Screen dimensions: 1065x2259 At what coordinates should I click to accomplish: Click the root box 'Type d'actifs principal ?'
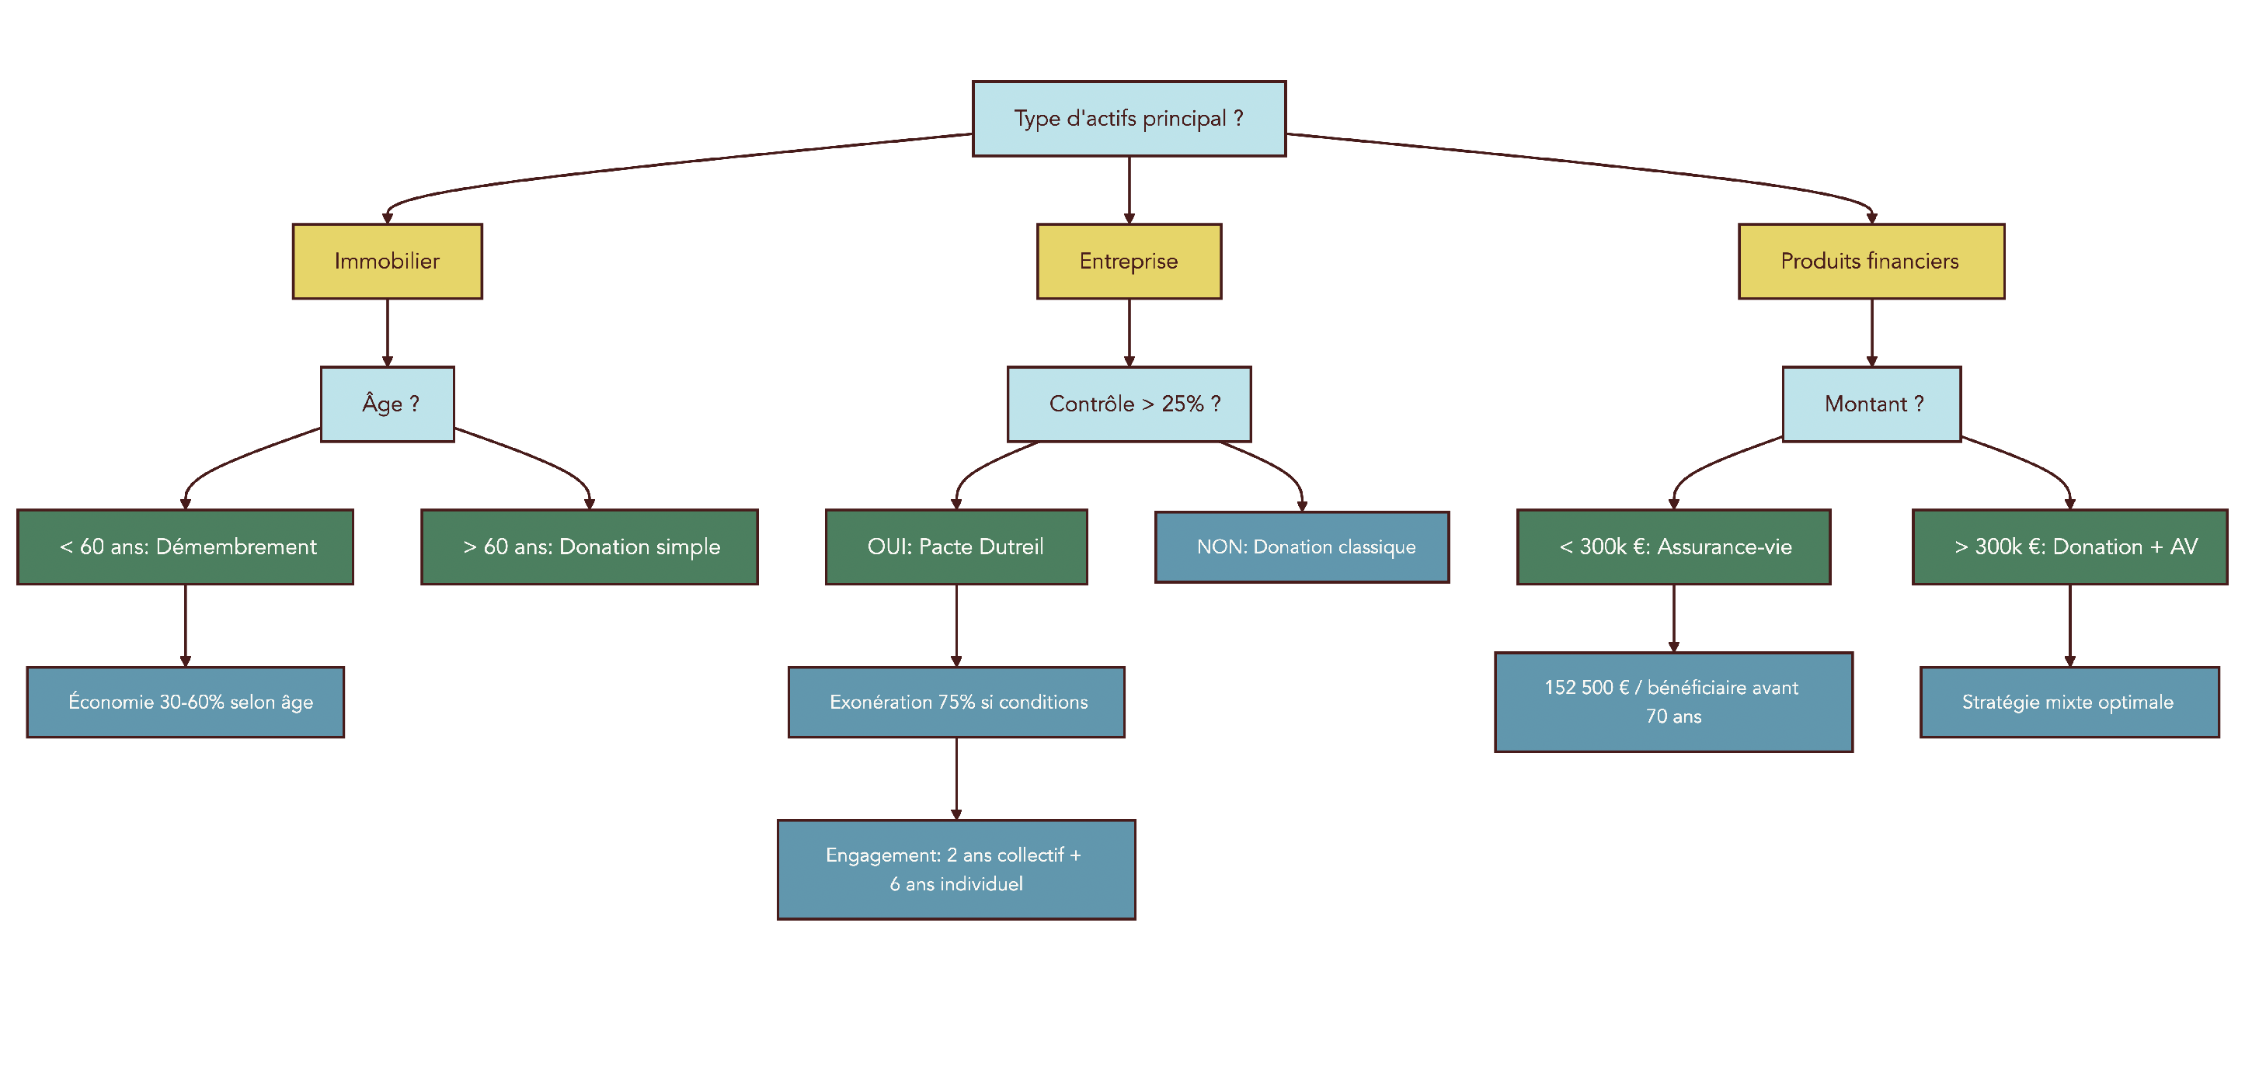point(1129,118)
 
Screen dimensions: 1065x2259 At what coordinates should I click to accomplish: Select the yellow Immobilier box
point(387,262)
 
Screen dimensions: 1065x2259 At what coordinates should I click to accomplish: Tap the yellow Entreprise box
point(1129,262)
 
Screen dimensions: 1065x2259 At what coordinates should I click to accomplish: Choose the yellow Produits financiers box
point(1871,262)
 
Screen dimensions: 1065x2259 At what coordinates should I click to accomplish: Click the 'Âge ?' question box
point(387,404)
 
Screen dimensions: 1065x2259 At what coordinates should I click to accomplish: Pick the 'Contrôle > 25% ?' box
point(1129,404)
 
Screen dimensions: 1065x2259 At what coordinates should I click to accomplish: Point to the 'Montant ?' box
point(1871,404)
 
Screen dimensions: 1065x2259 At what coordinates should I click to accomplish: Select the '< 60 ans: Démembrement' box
point(185,547)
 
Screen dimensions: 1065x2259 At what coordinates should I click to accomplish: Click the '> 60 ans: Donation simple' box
point(590,547)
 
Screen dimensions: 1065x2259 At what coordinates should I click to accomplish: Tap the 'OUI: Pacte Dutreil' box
point(955,547)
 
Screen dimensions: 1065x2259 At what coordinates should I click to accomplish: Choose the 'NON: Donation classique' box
point(1301,547)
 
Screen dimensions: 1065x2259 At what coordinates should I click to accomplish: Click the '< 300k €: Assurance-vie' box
point(1673,547)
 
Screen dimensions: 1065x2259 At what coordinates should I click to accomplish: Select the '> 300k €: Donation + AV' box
point(2069,547)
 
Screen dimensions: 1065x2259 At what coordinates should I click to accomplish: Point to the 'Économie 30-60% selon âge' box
point(185,702)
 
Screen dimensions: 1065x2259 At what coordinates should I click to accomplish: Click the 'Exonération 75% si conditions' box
point(955,702)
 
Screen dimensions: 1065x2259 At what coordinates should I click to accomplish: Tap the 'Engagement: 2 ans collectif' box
point(955,869)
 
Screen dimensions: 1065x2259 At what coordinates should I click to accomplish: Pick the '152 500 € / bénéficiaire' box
point(1673,702)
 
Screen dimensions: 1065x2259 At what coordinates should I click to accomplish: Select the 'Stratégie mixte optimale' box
point(2069,702)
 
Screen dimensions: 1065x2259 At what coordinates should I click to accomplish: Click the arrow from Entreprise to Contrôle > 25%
point(1129,333)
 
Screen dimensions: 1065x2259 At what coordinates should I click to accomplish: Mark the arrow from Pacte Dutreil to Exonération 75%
point(955,625)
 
